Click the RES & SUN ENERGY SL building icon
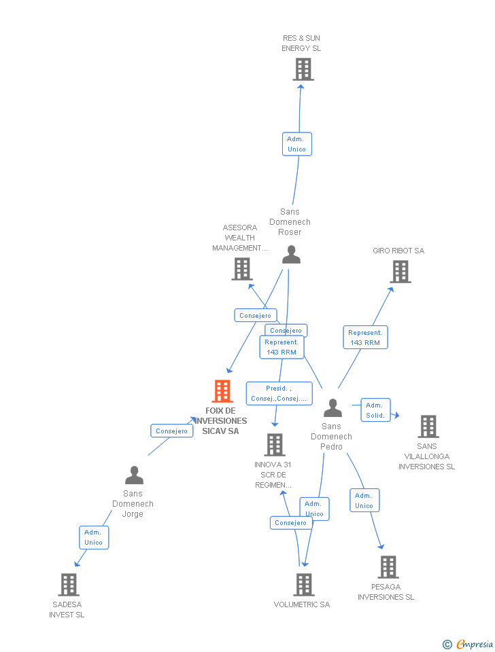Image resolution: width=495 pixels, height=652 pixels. click(x=303, y=69)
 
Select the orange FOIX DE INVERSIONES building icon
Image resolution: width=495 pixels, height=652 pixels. click(x=222, y=391)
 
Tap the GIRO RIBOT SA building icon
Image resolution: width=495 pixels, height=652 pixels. click(x=400, y=272)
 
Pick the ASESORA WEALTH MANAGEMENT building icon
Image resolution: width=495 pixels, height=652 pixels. click(x=242, y=269)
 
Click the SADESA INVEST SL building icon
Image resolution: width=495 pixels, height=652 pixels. click(x=68, y=584)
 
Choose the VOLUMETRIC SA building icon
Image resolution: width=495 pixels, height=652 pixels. click(x=303, y=584)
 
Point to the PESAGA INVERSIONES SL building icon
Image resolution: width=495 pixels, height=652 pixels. click(x=388, y=567)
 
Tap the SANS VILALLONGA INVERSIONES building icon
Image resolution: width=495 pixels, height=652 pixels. click(x=428, y=427)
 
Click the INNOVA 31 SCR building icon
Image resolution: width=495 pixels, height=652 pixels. click(x=274, y=445)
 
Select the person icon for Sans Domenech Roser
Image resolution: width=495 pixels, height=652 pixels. click(x=291, y=255)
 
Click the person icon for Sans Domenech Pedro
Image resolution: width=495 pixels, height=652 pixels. click(x=332, y=408)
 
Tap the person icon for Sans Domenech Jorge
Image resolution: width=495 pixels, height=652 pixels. click(x=135, y=475)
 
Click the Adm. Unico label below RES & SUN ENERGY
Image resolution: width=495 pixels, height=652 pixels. click(x=296, y=144)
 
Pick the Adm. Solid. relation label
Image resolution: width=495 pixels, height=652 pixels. click(x=375, y=410)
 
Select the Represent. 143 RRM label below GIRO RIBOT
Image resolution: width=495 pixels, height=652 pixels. click(x=365, y=338)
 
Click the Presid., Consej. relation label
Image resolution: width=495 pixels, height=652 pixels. click(x=279, y=393)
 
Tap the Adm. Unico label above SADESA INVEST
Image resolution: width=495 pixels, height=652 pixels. click(x=94, y=537)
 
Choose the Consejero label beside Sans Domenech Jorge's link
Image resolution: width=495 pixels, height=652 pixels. click(x=171, y=431)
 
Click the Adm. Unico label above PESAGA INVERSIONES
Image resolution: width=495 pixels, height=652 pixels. click(x=364, y=501)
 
